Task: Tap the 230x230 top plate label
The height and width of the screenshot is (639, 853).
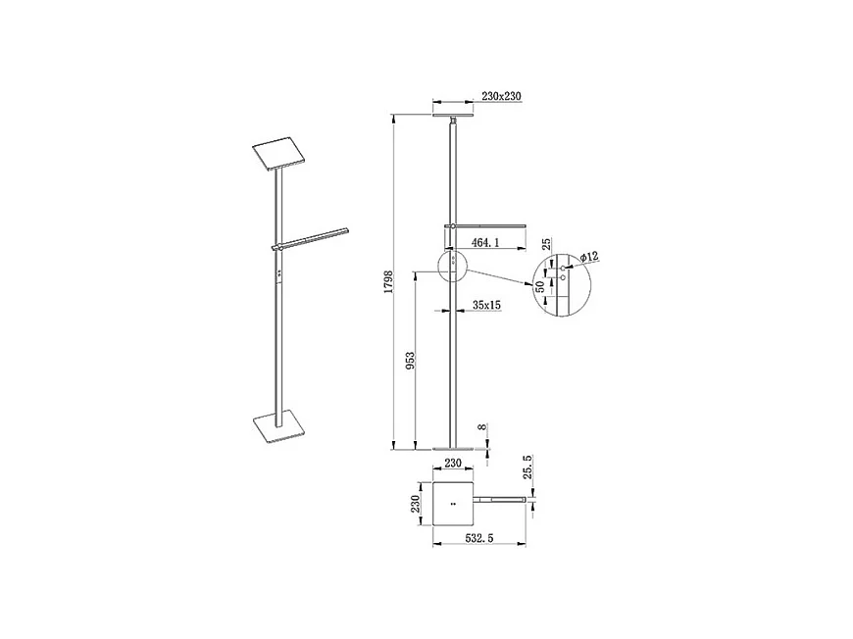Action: tap(500, 97)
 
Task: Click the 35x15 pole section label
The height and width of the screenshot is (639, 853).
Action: tap(486, 306)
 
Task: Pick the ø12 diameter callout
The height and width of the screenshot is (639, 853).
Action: tap(588, 256)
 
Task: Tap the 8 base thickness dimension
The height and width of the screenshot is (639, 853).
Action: tap(482, 428)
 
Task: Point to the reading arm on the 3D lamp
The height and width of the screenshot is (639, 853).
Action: tap(312, 237)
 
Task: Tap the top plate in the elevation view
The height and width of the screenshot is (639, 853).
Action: tap(452, 115)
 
